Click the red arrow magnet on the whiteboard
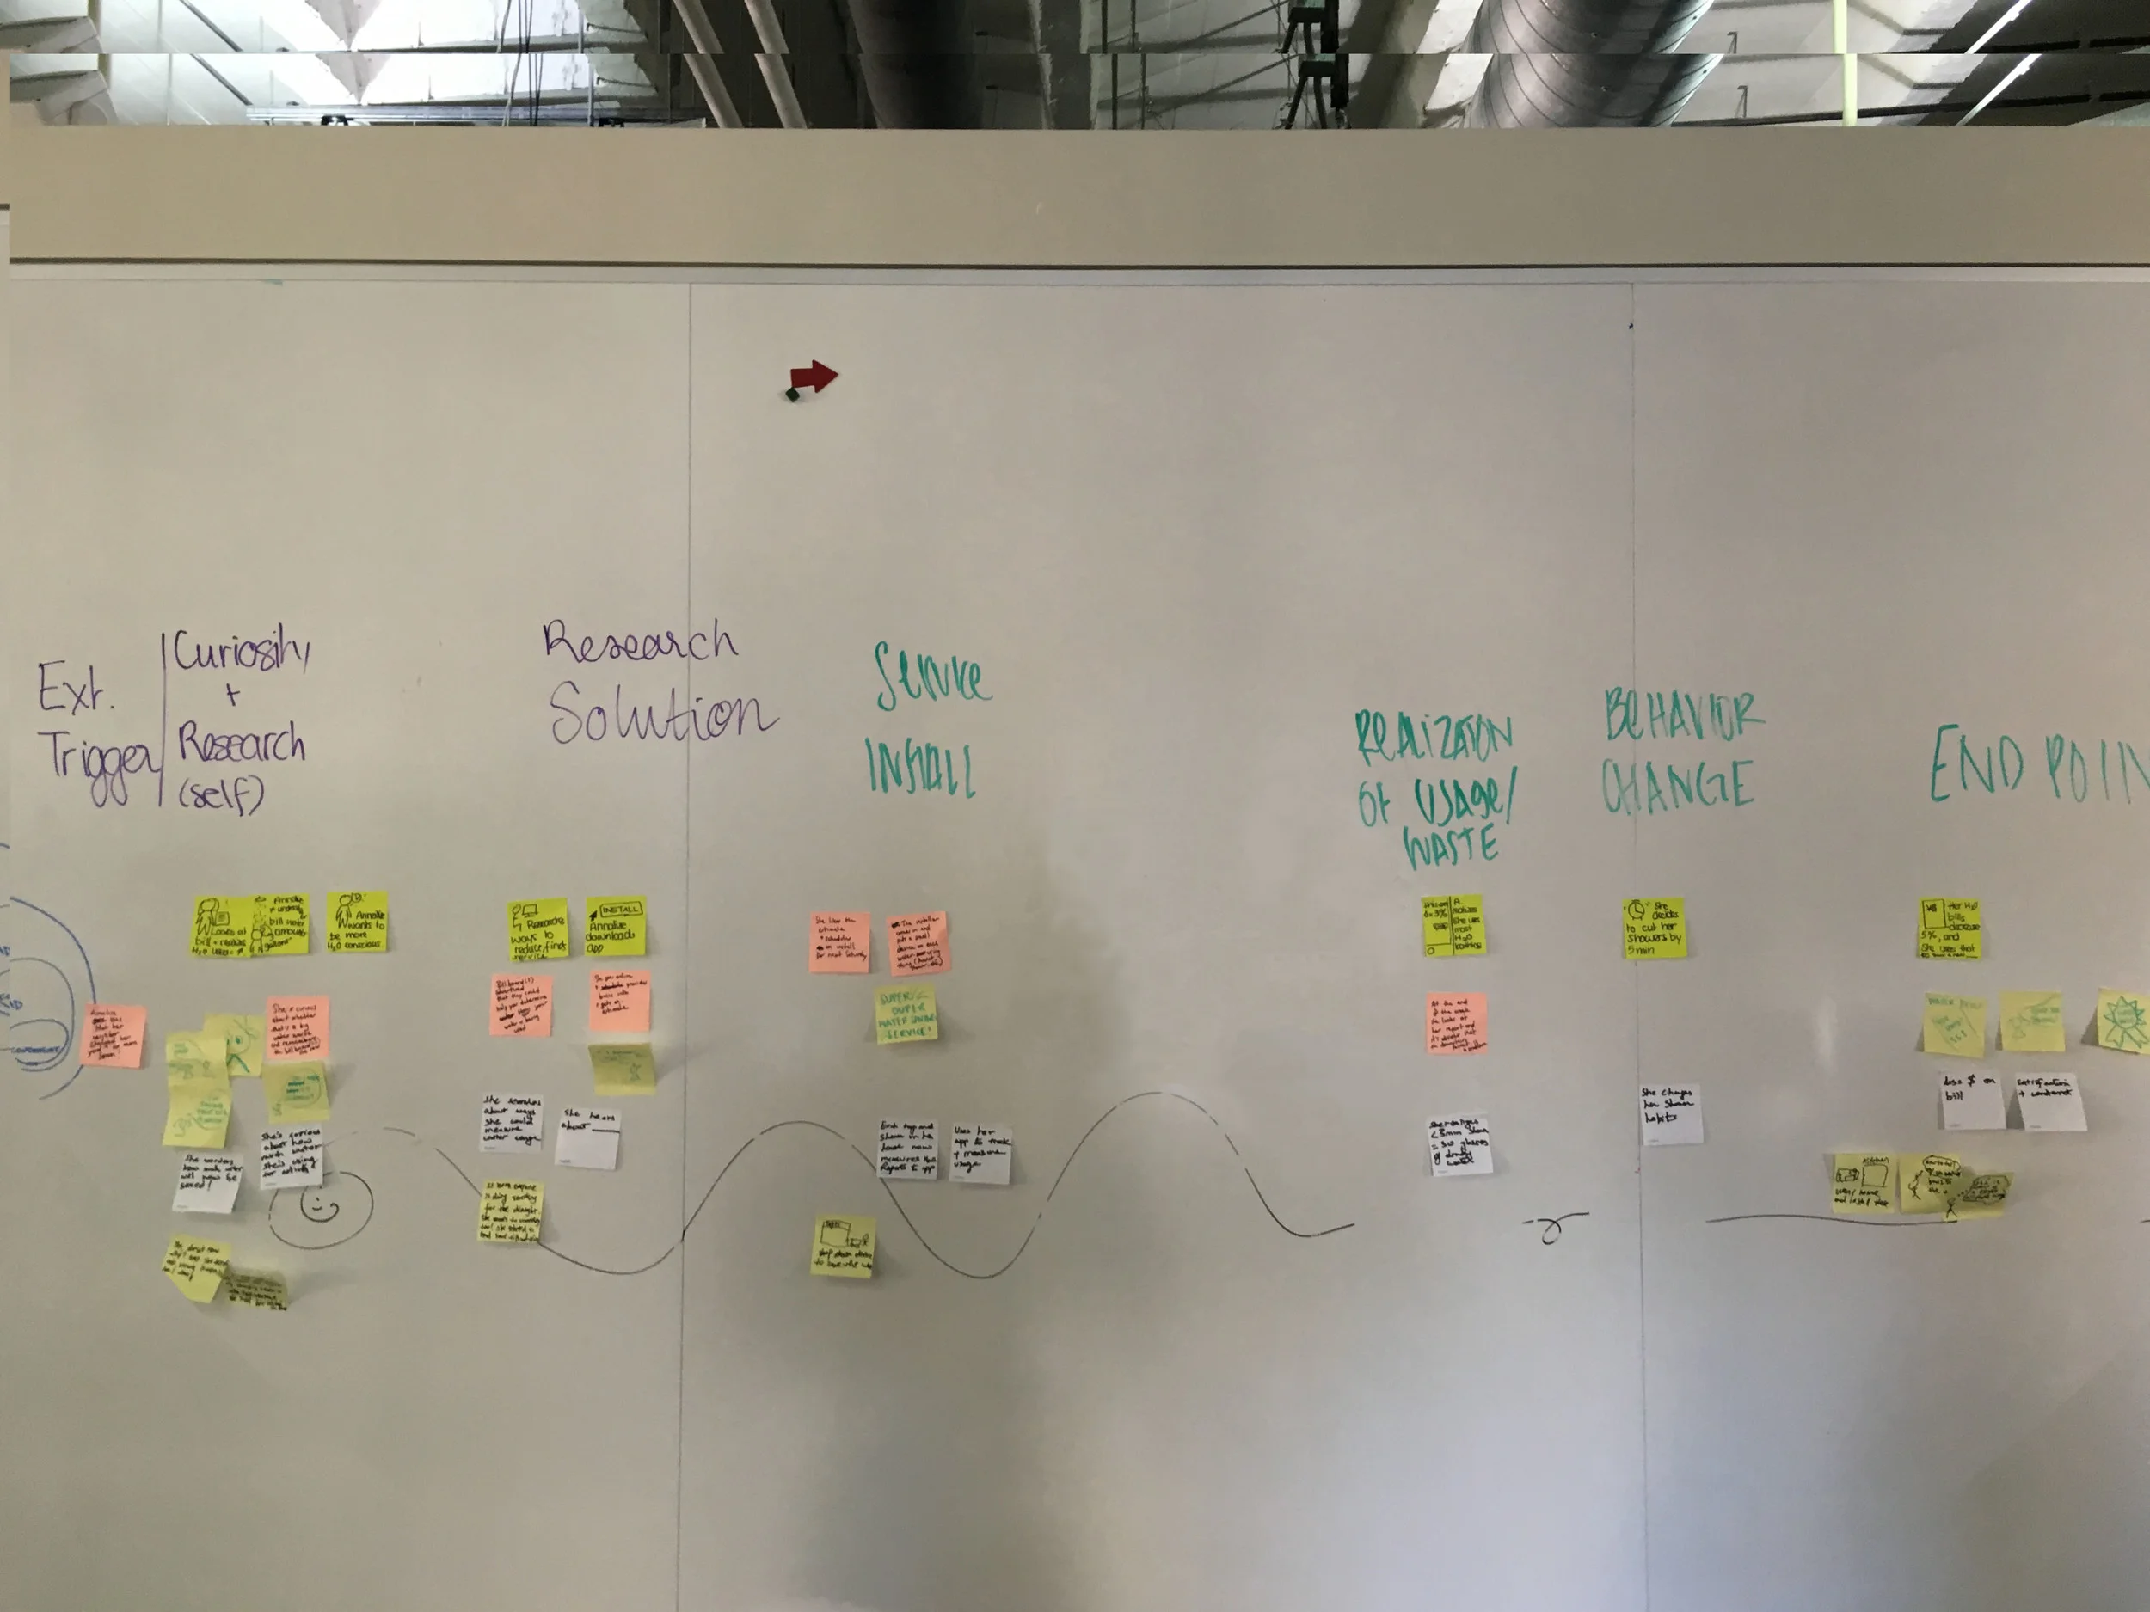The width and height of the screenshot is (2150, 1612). (813, 377)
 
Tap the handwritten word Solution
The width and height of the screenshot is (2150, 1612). (661, 714)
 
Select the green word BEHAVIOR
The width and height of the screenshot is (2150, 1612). (1684, 717)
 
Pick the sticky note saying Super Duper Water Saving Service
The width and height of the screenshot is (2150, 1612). (906, 1014)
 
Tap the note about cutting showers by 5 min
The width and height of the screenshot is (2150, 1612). (1653, 929)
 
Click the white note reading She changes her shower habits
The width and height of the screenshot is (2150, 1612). (1671, 1113)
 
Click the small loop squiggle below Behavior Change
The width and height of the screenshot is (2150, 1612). (1552, 1229)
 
